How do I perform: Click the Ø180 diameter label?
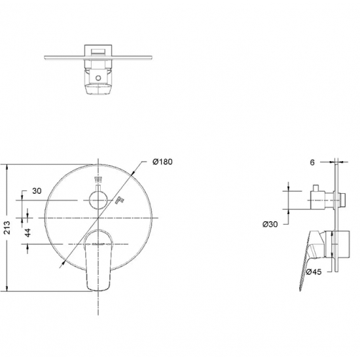[x=162, y=162]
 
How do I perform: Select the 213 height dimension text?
[x=7, y=228]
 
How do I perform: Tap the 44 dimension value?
[x=27, y=233]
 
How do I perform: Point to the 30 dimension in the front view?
[x=37, y=190]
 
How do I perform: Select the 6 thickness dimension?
[x=312, y=162]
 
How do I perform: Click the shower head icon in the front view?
[x=98, y=180]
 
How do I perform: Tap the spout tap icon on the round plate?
[x=120, y=200]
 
